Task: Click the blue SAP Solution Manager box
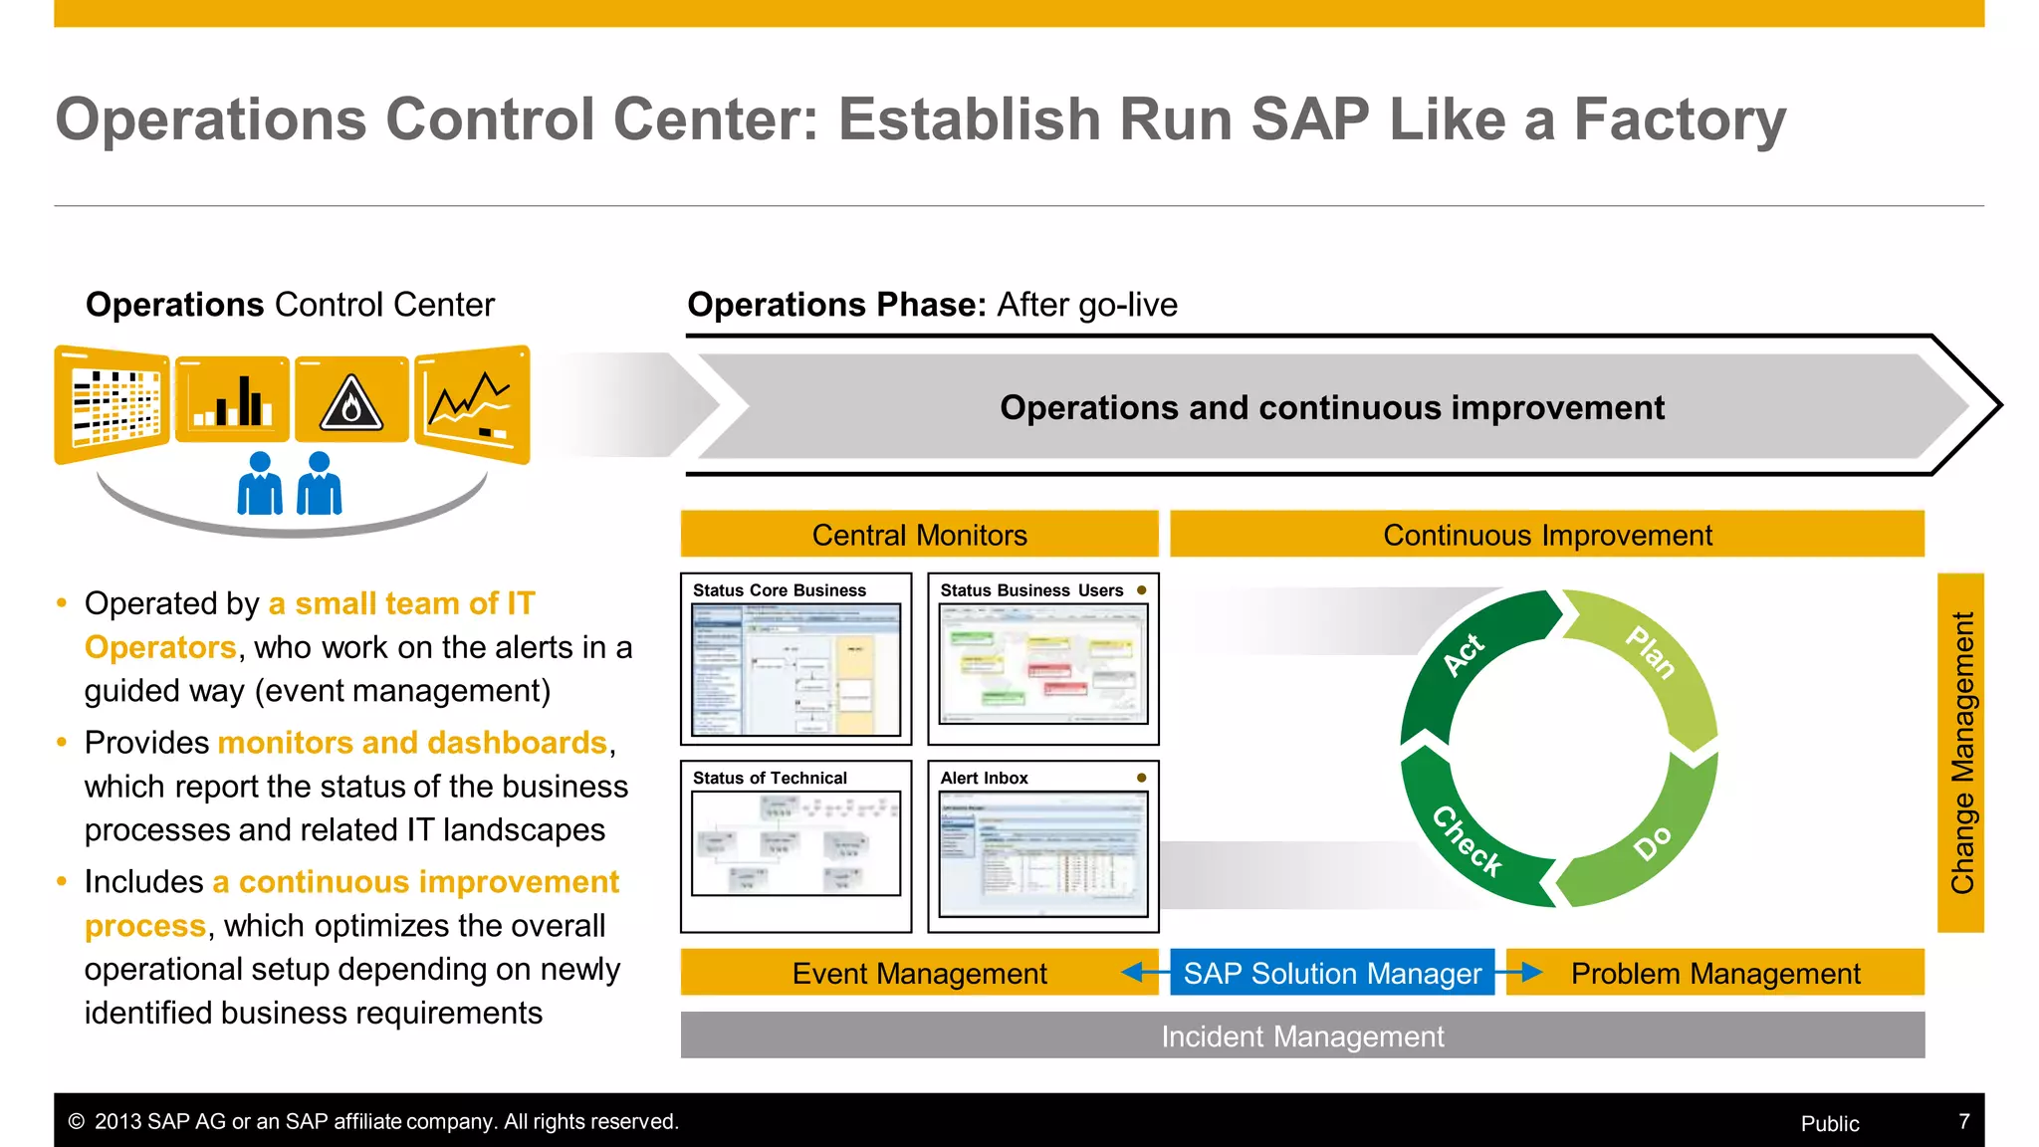(1331, 973)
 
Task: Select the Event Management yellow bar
(918, 973)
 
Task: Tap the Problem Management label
(1714, 973)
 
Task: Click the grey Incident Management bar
(1301, 1036)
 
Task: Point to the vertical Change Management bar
(1960, 753)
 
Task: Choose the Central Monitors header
(919, 535)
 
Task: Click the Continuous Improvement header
(1546, 535)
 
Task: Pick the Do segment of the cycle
(1653, 841)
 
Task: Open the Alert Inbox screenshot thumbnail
(1042, 853)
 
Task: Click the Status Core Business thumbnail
(795, 669)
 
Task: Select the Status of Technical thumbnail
(795, 843)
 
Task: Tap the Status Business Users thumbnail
(1042, 663)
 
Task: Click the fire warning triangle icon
(350, 402)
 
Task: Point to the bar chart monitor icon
(232, 400)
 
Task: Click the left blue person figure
(260, 485)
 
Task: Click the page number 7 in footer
(1963, 1122)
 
